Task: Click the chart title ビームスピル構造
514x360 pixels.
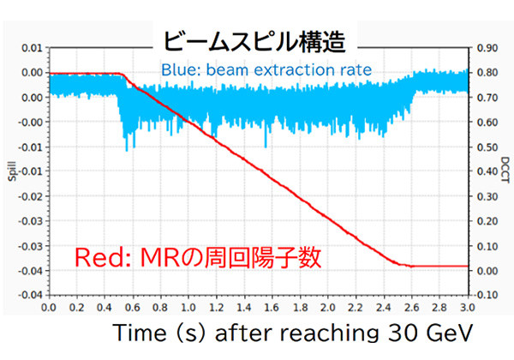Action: click(254, 41)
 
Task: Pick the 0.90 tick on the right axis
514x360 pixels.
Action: click(487, 48)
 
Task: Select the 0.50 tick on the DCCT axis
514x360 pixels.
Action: click(487, 147)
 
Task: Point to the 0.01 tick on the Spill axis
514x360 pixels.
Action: click(30, 48)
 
